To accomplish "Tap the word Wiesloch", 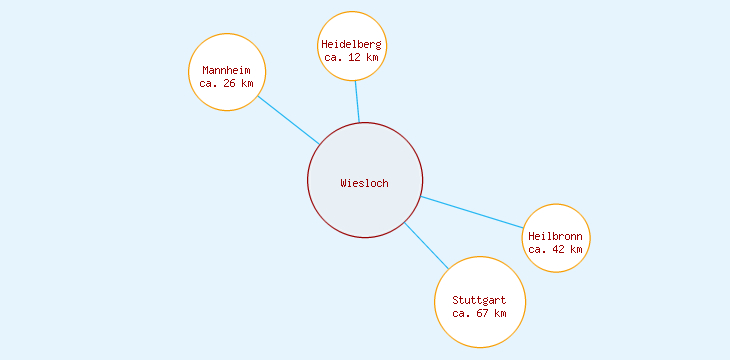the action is pyautogui.click(x=364, y=183).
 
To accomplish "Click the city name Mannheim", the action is pyautogui.click(x=226, y=70).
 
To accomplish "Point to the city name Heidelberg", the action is pyautogui.click(x=351, y=44).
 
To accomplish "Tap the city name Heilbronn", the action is pyautogui.click(x=555, y=236).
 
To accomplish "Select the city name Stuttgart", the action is pyautogui.click(x=479, y=300).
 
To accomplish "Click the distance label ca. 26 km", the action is pyautogui.click(x=226, y=83).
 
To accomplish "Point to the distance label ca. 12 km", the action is pyautogui.click(x=351, y=57).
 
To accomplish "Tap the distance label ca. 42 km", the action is pyautogui.click(x=555, y=249).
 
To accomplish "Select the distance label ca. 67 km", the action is pyautogui.click(x=479, y=313).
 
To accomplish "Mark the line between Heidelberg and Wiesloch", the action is pyautogui.click(x=357, y=102).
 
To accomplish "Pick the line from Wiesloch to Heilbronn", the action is pyautogui.click(x=472, y=212).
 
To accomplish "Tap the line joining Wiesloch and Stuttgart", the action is pyautogui.click(x=426, y=245).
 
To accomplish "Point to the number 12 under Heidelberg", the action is pyautogui.click(x=354, y=57).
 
